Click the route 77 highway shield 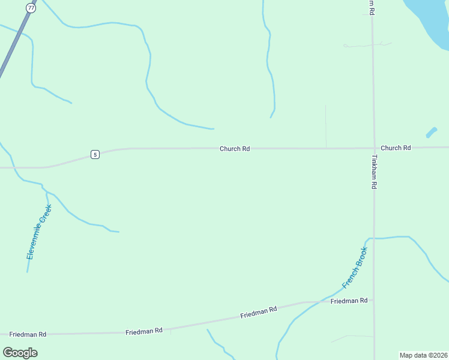tap(31, 7)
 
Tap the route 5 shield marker tap(95, 154)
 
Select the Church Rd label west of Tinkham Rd tap(235, 148)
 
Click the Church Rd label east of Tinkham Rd tap(396, 148)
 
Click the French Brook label tap(354, 267)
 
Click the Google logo tap(20, 352)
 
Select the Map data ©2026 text tap(423, 355)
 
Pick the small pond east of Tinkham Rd tap(431, 133)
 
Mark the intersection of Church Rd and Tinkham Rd tap(373, 148)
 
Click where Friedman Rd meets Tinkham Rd tap(374, 300)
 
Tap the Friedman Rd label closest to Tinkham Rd tap(349, 301)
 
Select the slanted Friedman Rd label tap(258, 312)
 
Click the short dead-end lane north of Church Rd tap(326, 126)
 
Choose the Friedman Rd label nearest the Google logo tap(28, 334)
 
